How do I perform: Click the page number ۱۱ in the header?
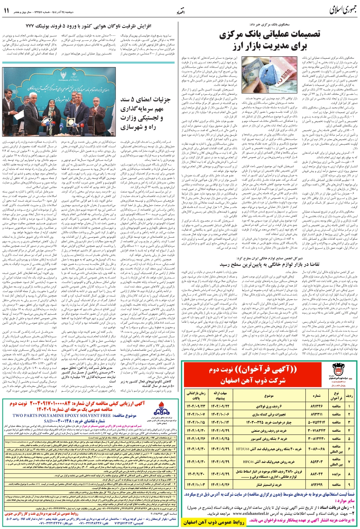point(7,10)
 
